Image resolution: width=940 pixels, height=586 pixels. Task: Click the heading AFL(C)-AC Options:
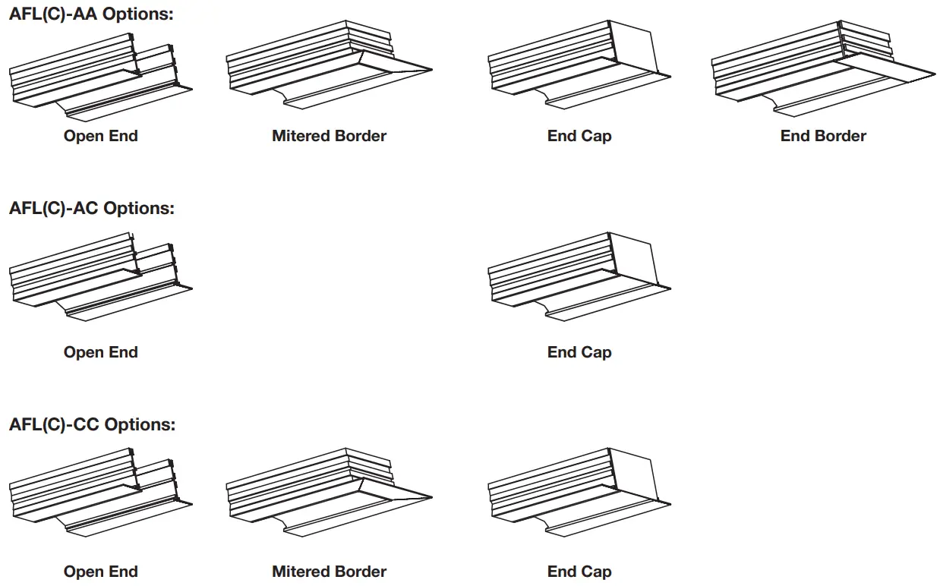pos(91,208)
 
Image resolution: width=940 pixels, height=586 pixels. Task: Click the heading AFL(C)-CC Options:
pos(92,424)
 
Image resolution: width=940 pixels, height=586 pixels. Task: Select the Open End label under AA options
pos(101,137)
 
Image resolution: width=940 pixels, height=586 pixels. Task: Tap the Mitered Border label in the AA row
pos(329,137)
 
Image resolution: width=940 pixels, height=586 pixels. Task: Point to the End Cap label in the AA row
pos(579,137)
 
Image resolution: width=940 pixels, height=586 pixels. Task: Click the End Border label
pos(823,137)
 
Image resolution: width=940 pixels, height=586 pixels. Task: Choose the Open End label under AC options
pos(101,352)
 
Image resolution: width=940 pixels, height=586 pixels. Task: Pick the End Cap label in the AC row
pos(579,352)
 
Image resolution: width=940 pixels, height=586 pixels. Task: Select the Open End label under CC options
pos(101,572)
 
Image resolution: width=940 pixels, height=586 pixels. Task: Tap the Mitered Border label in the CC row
pos(329,572)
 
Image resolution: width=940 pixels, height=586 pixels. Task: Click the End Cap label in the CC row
pos(579,572)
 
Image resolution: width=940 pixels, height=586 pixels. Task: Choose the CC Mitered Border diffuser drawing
pos(326,493)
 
